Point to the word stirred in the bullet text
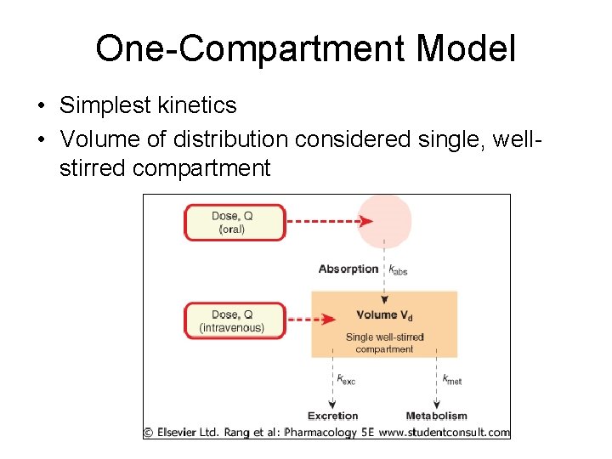click(93, 167)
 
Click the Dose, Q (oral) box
click(235, 223)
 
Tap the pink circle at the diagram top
click(384, 220)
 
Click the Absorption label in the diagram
click(348, 269)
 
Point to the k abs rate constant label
click(398, 270)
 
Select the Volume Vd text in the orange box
click(384, 315)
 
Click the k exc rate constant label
click(345, 379)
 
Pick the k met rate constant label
click(451, 379)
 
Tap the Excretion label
click(333, 416)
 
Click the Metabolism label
click(437, 416)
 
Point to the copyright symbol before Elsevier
click(148, 432)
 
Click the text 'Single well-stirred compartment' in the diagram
click(384, 343)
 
